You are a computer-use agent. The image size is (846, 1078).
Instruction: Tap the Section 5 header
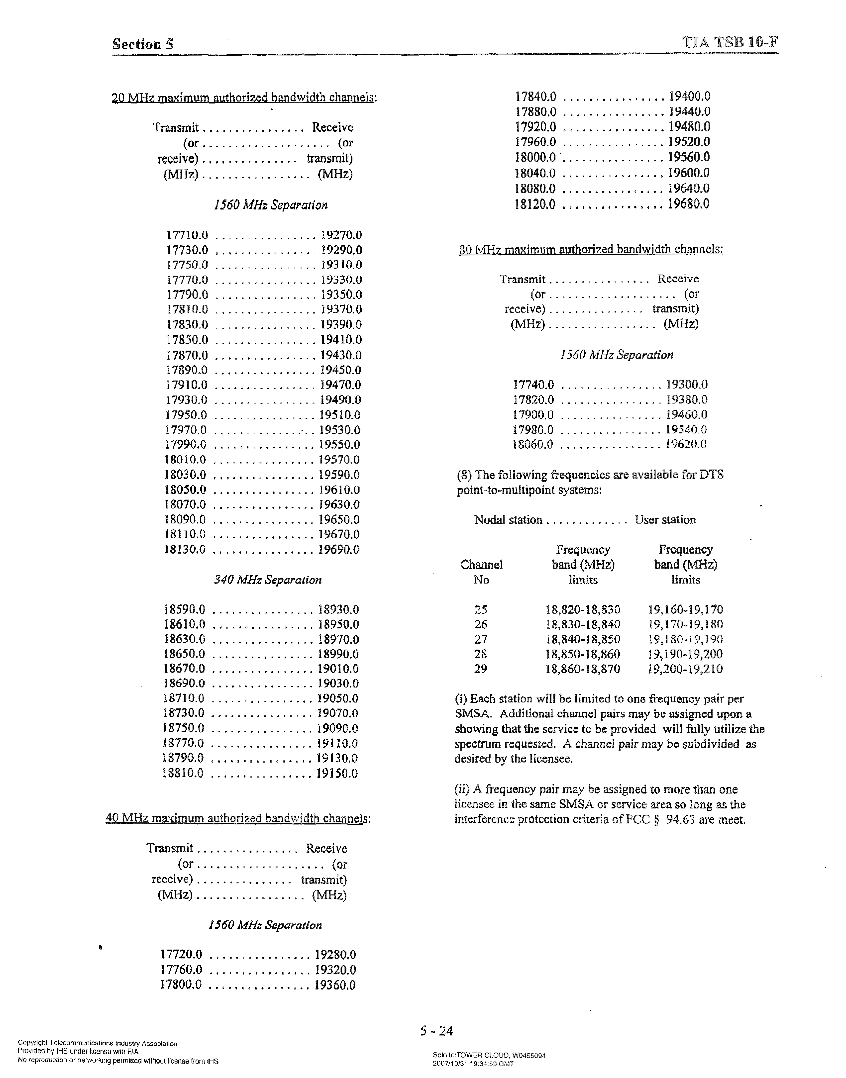click(x=143, y=44)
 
